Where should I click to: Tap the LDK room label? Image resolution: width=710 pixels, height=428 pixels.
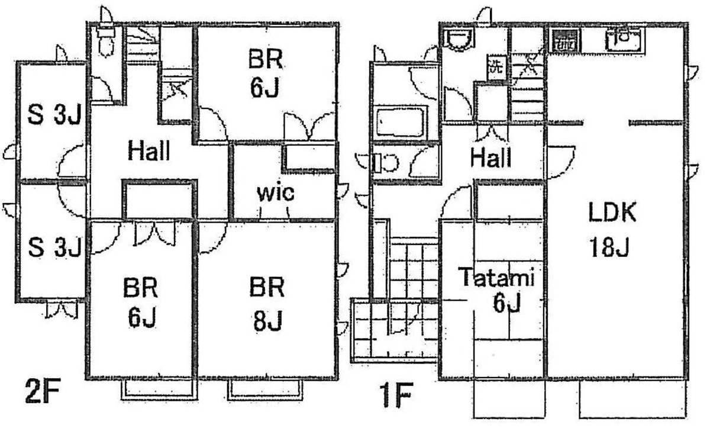(612, 212)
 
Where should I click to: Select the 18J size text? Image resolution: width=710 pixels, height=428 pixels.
(609, 247)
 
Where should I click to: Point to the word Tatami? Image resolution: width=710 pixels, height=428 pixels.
(498, 277)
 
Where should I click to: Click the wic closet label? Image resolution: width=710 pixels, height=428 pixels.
(276, 193)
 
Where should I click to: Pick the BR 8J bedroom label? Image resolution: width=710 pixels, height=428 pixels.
(267, 304)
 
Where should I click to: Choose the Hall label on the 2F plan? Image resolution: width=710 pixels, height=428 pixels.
(149, 150)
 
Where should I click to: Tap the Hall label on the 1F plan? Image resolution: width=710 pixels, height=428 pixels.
(490, 157)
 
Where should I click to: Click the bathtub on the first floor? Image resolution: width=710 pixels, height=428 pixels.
(401, 121)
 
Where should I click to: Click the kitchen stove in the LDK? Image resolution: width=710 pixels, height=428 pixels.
(566, 40)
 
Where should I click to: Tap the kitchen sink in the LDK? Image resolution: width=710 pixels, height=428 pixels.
(624, 39)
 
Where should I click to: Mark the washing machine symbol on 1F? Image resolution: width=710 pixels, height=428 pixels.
(497, 67)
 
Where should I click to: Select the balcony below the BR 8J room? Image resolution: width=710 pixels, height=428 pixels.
(265, 390)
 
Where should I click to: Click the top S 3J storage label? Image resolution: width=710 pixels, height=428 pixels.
(54, 114)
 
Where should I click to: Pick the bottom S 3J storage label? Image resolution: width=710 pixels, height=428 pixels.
(54, 247)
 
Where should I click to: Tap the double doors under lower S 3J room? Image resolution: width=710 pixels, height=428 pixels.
(62, 310)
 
